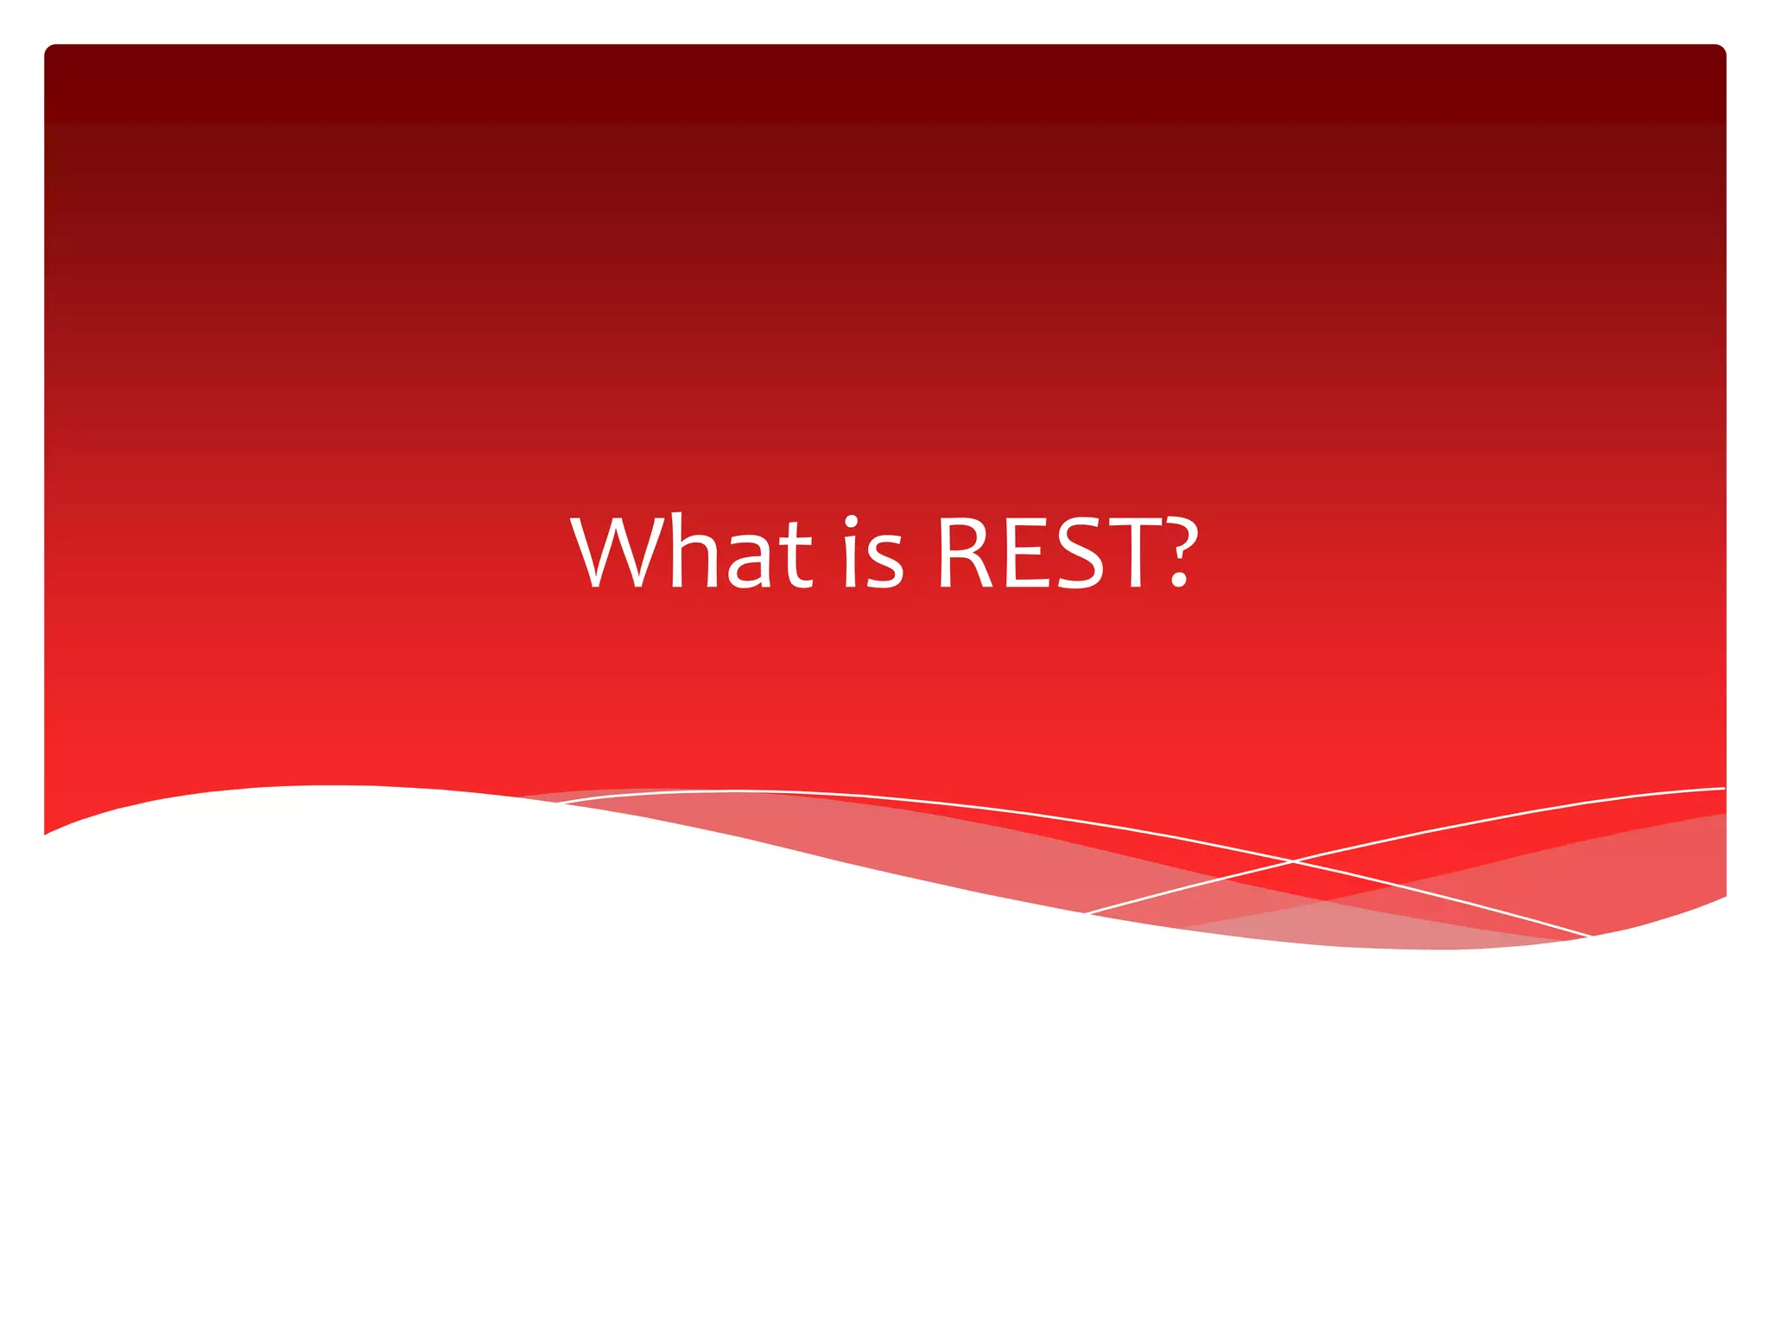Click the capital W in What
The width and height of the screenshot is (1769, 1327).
tap(615, 554)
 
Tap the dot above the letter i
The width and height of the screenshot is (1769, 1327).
tap(852, 522)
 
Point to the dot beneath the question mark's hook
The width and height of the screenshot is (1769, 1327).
tap(1178, 582)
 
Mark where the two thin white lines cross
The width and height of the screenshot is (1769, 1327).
tap(1293, 860)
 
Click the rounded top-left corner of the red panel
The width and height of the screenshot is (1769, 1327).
tap(50, 50)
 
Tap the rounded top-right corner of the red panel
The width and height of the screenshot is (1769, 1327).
tap(1719, 50)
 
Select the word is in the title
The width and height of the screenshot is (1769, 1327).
tap(872, 554)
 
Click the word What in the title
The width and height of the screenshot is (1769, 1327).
tap(691, 554)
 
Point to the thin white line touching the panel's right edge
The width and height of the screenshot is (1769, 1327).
tap(1719, 789)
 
